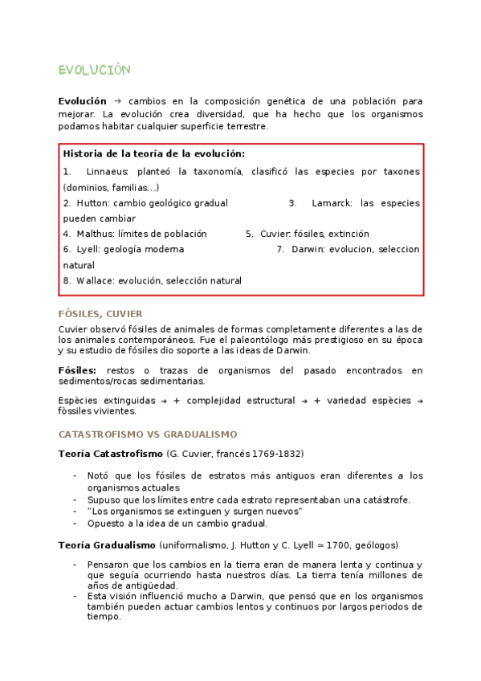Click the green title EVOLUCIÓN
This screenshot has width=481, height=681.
(94, 71)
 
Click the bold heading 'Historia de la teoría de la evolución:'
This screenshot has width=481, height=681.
(154, 153)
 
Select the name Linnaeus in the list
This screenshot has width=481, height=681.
(107, 172)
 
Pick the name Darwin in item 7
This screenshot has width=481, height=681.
(308, 249)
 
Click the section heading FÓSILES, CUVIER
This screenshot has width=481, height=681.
(100, 314)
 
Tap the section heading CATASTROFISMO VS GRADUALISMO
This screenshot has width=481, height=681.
(148, 434)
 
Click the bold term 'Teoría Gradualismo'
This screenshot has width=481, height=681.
(107, 544)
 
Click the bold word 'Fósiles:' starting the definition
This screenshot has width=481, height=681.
(77, 370)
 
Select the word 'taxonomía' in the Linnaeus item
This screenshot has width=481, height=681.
(206, 172)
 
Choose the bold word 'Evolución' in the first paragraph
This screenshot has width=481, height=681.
(82, 101)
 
